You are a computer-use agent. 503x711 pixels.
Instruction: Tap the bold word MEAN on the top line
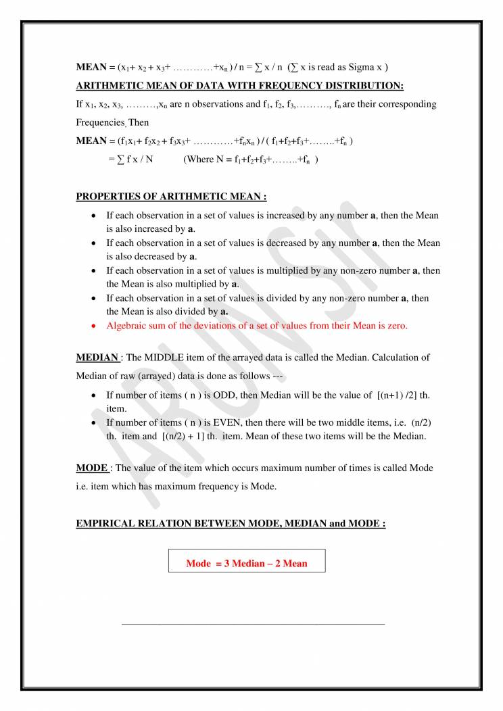pos(90,69)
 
